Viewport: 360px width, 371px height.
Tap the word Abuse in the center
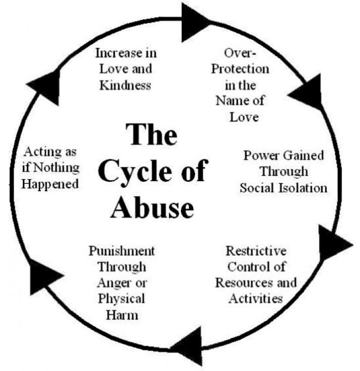click(x=153, y=208)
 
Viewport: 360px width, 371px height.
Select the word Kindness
click(x=125, y=85)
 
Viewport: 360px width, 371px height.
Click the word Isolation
click(x=303, y=188)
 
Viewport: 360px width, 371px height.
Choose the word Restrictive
click(x=256, y=251)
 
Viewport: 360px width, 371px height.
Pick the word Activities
click(x=256, y=298)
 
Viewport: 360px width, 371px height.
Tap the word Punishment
click(x=122, y=251)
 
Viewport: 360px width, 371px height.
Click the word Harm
click(x=122, y=315)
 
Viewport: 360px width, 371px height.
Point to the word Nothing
click(x=56, y=168)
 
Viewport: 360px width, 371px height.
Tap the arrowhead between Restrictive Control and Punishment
click(x=187, y=346)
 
